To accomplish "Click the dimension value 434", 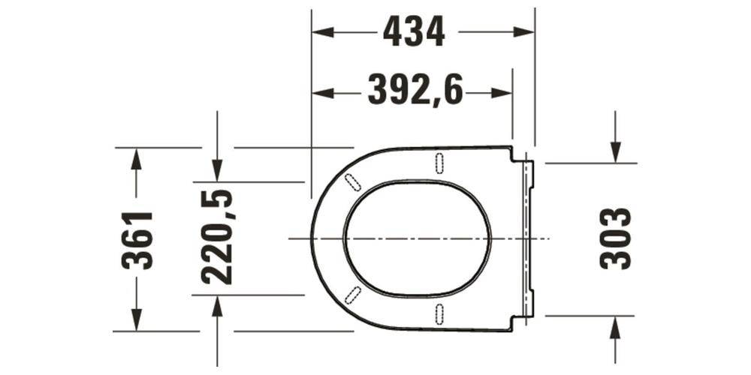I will (414, 31).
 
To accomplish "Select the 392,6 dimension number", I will (415, 92).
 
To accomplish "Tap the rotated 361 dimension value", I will (138, 240).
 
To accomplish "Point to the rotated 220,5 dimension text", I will (218, 238).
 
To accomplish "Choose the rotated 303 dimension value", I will (616, 238).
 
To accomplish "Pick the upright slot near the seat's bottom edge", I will (439, 313).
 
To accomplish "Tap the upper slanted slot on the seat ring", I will (351, 181).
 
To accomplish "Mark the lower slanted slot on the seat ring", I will (351, 295).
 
